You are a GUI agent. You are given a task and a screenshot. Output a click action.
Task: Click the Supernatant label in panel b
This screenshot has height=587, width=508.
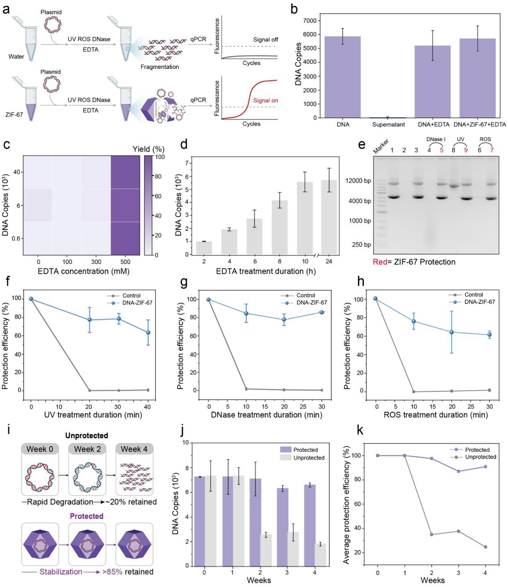click(x=388, y=124)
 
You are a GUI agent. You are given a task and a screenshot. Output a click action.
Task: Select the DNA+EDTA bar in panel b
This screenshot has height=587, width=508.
click(x=433, y=82)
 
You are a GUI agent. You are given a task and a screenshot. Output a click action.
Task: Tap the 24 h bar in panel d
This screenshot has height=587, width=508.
click(x=329, y=217)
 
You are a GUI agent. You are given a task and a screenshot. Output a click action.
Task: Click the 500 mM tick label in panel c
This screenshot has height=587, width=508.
click(x=125, y=262)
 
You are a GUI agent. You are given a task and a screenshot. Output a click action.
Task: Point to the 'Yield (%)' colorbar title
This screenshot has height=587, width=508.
click(x=148, y=149)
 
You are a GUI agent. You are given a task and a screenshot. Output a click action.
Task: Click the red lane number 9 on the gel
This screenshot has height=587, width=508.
click(x=466, y=150)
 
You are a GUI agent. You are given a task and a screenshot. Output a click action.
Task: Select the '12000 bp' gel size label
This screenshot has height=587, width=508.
click(x=358, y=181)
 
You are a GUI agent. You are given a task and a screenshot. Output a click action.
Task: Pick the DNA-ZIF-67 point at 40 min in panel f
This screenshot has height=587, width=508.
click(x=148, y=333)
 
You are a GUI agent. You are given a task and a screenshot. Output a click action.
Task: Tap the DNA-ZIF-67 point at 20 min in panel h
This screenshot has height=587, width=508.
click(x=452, y=332)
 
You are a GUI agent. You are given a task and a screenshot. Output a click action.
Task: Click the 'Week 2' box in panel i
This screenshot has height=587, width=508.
click(x=87, y=449)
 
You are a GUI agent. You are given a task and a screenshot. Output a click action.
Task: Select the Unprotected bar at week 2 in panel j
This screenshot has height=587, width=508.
click(x=266, y=550)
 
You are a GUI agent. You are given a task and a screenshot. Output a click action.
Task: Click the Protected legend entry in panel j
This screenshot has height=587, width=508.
click(x=299, y=449)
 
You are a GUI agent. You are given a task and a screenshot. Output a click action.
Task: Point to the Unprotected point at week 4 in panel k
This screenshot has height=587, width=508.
click(x=485, y=547)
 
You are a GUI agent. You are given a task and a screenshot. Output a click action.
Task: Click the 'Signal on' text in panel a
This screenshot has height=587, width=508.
click(x=265, y=100)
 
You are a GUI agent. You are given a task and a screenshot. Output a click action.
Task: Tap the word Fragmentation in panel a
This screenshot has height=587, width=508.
click(x=160, y=67)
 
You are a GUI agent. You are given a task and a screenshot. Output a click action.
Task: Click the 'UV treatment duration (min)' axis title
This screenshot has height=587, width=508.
click(x=93, y=415)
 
